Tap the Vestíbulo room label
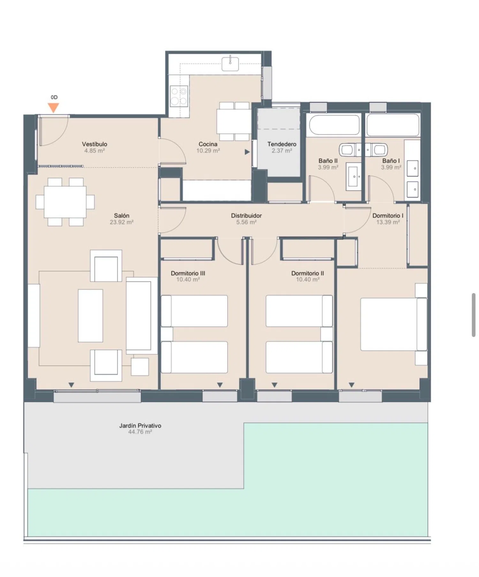click(95, 144)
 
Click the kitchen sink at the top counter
click(230, 63)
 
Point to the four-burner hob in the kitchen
click(179, 96)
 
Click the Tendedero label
click(282, 144)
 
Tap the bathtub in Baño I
click(393, 125)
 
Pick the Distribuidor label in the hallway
click(246, 216)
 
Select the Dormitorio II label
click(308, 273)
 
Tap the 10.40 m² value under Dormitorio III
click(188, 279)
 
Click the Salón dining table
click(65, 202)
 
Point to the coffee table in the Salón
click(90, 315)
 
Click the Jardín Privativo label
click(140, 426)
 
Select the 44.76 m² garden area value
click(140, 432)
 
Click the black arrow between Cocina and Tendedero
click(247, 152)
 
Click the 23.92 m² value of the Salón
click(122, 222)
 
